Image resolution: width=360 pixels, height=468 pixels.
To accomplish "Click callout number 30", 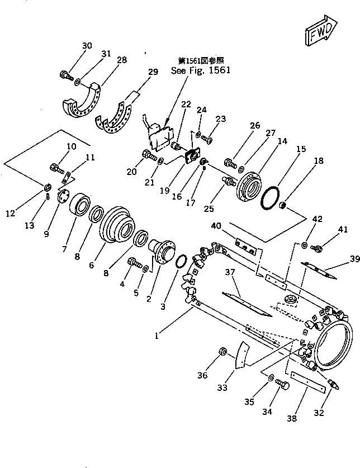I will pos(87,46).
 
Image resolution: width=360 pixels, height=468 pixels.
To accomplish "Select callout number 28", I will pos(121,60).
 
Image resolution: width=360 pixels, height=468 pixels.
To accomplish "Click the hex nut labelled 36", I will pos(221,352).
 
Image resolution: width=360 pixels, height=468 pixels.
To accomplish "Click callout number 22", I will pos(186,105).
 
